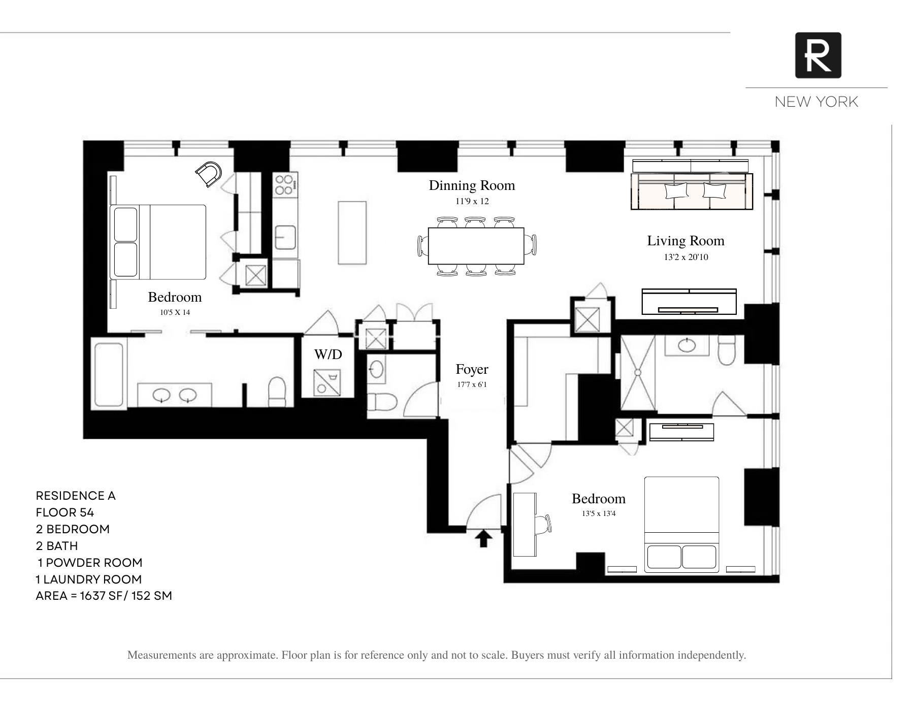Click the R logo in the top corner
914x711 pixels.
pos(818,55)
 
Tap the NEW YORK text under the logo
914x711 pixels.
pos(816,102)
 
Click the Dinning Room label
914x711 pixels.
pos(472,185)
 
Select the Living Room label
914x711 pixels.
pos(685,241)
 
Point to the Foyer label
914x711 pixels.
pos(472,369)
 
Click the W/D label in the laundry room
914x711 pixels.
pos(328,354)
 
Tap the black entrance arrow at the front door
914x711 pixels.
pos(483,538)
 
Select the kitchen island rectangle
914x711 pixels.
pos(352,233)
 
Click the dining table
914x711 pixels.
pos(476,246)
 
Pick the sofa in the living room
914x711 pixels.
pos(692,191)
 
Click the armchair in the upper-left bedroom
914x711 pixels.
pos(209,174)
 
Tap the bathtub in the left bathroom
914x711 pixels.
pos(109,374)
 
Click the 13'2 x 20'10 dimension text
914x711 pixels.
pos(685,257)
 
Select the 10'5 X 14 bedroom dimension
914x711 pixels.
pos(175,312)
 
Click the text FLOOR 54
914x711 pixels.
pos(65,512)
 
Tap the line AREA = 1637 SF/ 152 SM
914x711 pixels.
pos(104,596)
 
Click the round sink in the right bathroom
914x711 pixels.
pos(687,345)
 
